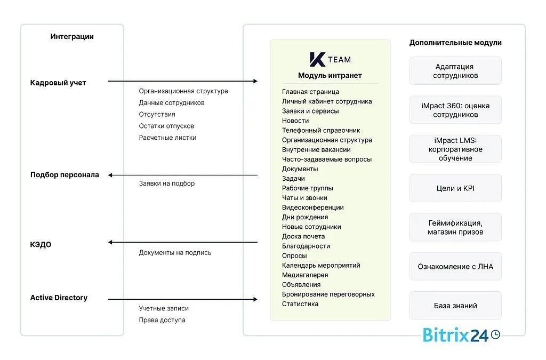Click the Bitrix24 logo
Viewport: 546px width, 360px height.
(x=461, y=334)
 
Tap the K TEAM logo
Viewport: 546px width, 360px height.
(x=330, y=59)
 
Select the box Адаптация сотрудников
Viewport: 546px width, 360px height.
(x=455, y=71)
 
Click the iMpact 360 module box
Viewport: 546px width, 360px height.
(x=455, y=110)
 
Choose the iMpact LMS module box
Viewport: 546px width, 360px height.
(x=455, y=149)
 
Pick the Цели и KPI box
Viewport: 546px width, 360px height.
(x=455, y=188)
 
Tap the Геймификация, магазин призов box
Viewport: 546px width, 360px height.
(x=455, y=227)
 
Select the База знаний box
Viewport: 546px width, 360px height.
(x=455, y=306)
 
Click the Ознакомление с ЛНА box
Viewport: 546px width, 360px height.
(x=455, y=266)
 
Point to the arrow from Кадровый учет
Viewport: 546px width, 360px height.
(x=182, y=81)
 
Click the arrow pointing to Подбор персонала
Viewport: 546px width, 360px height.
(x=182, y=175)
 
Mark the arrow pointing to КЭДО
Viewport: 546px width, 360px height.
(x=182, y=242)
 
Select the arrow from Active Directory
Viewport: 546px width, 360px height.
(x=182, y=299)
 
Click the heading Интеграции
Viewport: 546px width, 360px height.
(x=72, y=37)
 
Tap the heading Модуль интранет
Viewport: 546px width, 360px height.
(x=330, y=76)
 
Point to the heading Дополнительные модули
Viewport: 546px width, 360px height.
(x=455, y=43)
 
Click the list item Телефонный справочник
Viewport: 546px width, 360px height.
(x=321, y=130)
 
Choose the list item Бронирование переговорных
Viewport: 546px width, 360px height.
(x=328, y=294)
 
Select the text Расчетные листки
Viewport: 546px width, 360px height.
(x=167, y=138)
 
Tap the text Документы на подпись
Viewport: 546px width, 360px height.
(x=175, y=253)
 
